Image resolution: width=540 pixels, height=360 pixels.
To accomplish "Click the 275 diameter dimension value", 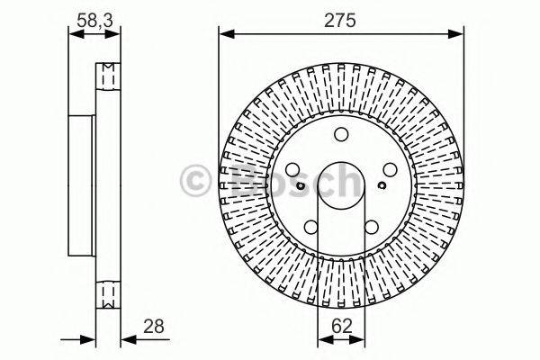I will pos(339,18).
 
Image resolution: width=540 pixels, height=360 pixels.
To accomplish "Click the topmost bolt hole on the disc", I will pos(340,135).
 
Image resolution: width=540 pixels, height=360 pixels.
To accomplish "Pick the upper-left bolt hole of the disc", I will pos(294,169).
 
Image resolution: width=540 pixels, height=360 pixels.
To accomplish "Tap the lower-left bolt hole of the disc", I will pos(311,227).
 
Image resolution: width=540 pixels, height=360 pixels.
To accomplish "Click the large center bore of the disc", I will pos(340,185).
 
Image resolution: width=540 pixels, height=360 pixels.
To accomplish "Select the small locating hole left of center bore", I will pos(301,186).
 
